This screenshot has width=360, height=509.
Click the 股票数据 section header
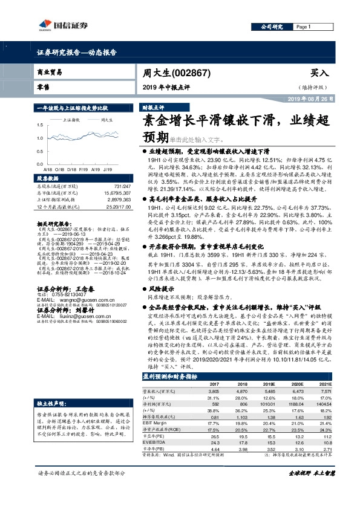47,179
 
